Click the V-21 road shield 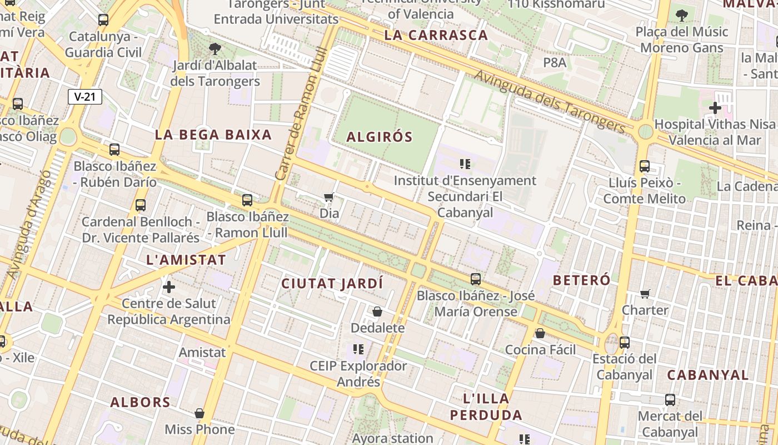85,97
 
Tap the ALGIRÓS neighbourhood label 380,137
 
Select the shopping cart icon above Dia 328,197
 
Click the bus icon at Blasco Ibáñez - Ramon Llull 247,200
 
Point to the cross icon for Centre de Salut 169,287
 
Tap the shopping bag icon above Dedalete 377,311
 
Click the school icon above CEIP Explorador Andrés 358,349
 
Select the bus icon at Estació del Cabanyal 625,342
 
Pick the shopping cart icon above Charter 645,293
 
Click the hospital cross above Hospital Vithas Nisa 715,107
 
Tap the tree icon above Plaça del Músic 682,15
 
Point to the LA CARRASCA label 436,36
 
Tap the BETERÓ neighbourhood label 582,280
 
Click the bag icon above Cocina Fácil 540,333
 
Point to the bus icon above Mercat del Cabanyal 670,399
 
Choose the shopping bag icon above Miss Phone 200,413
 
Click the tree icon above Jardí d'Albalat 215,49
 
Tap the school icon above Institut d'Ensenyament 465,164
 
